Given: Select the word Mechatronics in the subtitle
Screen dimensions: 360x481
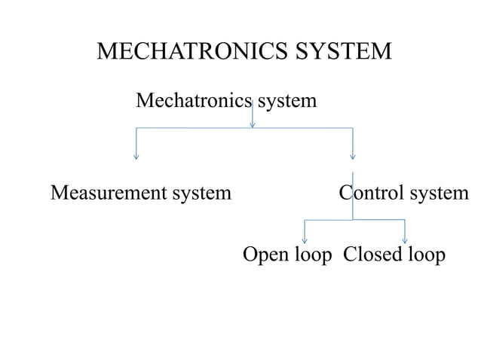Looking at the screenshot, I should [x=193, y=100].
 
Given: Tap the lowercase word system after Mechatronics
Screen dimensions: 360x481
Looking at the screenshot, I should [x=287, y=100].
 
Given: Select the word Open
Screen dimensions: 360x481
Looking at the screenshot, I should [x=266, y=255].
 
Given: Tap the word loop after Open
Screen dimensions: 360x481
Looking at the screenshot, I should [x=312, y=255].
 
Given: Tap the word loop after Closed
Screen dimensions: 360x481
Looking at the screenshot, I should [x=427, y=255].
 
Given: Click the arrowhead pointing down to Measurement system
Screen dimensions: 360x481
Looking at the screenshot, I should [x=136, y=157].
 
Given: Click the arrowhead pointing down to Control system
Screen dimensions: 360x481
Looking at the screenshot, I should [x=352, y=157].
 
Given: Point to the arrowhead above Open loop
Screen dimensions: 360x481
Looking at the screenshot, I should [x=304, y=240].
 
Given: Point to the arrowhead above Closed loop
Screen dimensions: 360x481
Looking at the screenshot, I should [x=405, y=240].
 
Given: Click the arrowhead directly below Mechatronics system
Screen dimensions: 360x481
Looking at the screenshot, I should [x=252, y=124].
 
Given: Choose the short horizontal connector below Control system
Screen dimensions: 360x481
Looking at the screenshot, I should [x=354, y=220].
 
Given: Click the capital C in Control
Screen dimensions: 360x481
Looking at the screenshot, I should [x=346, y=194].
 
